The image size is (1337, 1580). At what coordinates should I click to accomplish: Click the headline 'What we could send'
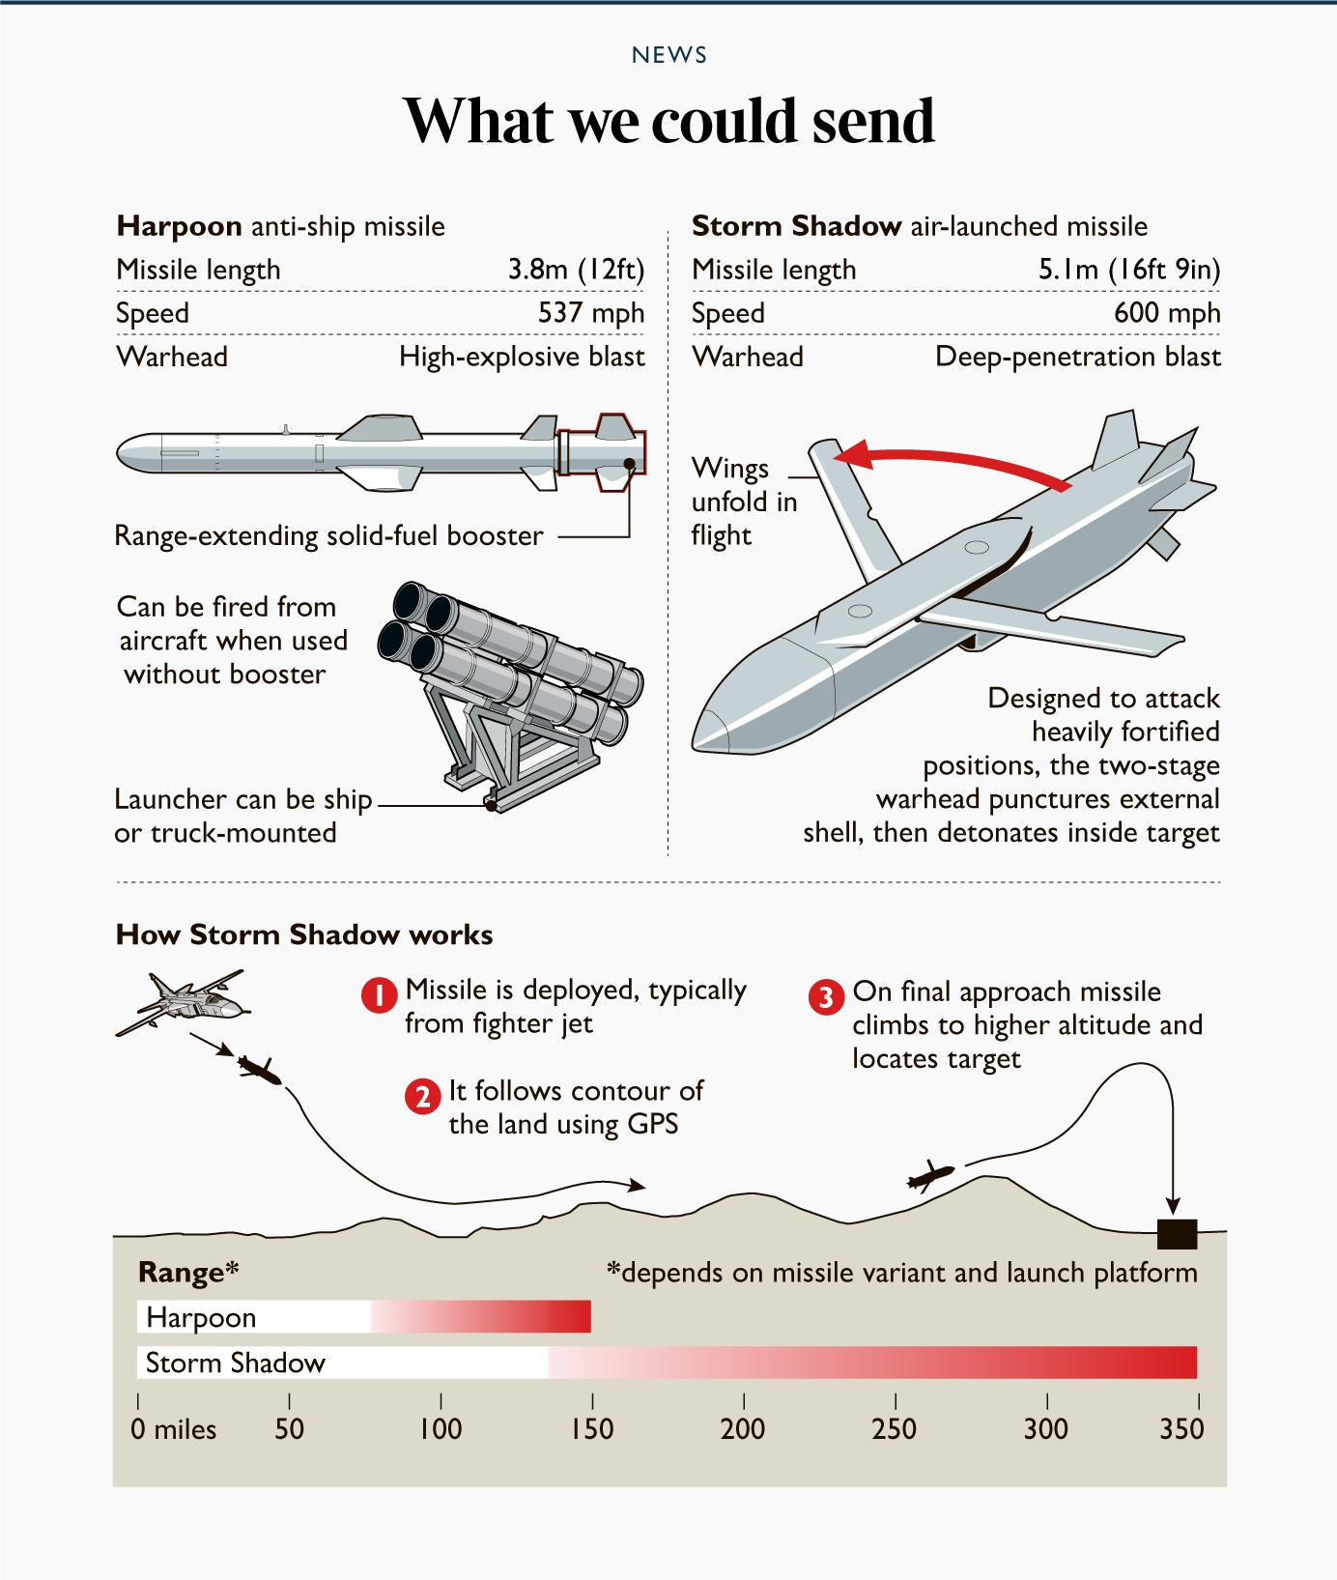coord(668,121)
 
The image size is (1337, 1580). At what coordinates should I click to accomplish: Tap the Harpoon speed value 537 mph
coord(591,313)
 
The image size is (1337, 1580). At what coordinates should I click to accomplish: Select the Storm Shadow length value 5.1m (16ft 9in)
coord(1129,270)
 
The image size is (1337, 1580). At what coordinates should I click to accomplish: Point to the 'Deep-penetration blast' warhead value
coord(1078,357)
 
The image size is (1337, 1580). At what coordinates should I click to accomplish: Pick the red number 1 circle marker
coord(380,994)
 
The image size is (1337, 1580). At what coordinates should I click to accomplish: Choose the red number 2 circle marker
coord(422,1097)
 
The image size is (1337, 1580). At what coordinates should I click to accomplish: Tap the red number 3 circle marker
coord(826,996)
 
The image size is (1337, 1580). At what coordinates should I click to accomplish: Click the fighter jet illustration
coord(182,1002)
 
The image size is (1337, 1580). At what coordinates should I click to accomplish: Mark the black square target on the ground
coord(1177,1234)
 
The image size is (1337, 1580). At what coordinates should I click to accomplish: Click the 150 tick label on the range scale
coord(592,1428)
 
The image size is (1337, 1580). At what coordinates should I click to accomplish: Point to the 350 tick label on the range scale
coord(1181,1428)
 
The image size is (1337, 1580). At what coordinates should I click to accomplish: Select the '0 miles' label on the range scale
coord(174,1428)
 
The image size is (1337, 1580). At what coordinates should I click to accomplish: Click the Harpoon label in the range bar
coord(201,1317)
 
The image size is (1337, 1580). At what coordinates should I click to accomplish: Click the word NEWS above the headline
coord(669,55)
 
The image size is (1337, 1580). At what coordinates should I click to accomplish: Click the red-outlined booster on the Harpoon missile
coord(601,452)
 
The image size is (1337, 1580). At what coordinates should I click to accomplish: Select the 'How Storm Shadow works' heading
coord(304,934)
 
